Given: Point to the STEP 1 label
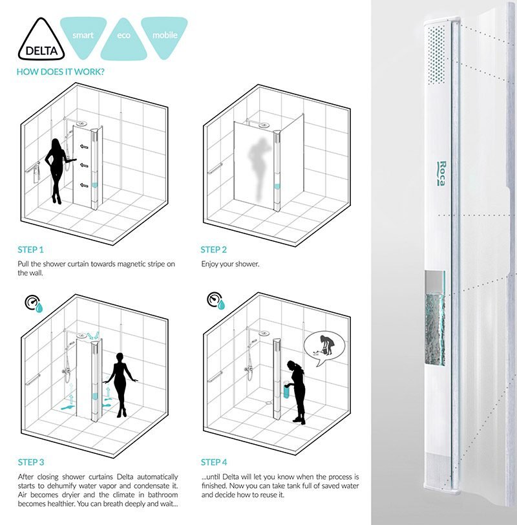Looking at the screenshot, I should click(31, 250).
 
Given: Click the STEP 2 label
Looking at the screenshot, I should click(214, 250).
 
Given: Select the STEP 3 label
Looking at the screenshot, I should click(31, 462).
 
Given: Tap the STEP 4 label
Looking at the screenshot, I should click(214, 462).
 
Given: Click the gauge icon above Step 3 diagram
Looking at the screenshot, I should click(31, 302).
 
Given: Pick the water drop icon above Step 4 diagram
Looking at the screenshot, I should click(222, 304).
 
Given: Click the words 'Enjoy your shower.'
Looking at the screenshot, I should click(229, 264).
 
